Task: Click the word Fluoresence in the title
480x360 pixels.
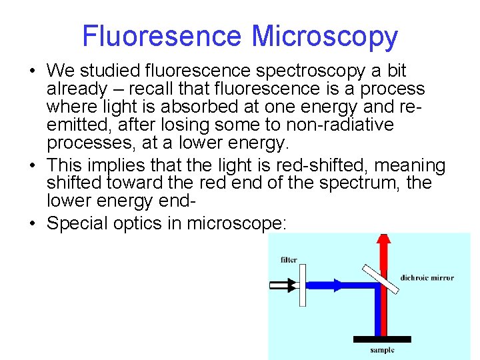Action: tap(162, 37)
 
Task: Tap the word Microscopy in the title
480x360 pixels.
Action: tap(325, 37)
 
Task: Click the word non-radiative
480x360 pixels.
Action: tap(347, 125)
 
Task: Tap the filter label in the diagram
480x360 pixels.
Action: tap(289, 260)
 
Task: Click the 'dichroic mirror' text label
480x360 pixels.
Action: tap(427, 278)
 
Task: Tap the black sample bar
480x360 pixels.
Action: tap(381, 339)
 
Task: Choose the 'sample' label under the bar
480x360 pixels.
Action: tap(382, 350)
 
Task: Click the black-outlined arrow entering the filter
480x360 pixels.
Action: tap(283, 285)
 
